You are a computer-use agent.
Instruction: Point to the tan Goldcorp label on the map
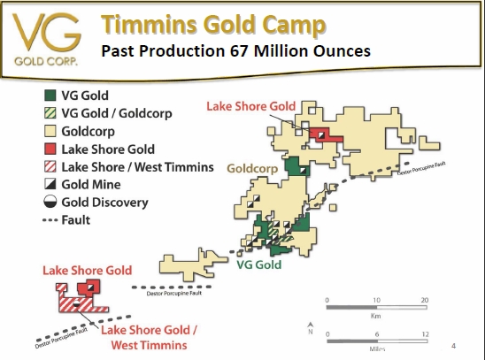(x=253, y=165)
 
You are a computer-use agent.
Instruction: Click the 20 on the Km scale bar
(x=424, y=301)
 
